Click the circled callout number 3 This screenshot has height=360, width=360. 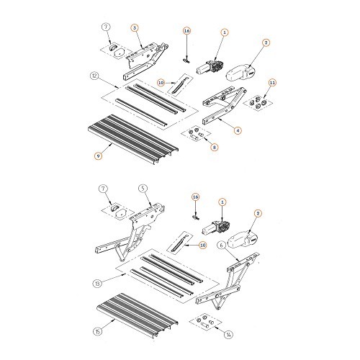135,28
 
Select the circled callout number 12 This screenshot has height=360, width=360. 94,76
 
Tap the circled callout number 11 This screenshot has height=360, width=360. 272,83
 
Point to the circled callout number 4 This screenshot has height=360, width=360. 238,130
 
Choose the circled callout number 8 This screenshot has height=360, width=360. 215,147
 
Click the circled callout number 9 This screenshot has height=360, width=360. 98,156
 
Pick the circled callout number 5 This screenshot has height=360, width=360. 143,189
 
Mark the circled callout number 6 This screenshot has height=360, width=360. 222,246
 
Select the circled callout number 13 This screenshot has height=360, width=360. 97,284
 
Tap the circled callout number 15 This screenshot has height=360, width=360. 97,332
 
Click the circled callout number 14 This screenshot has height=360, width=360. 228,335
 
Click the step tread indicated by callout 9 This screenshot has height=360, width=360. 133,139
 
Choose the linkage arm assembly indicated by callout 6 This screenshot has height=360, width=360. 227,283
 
